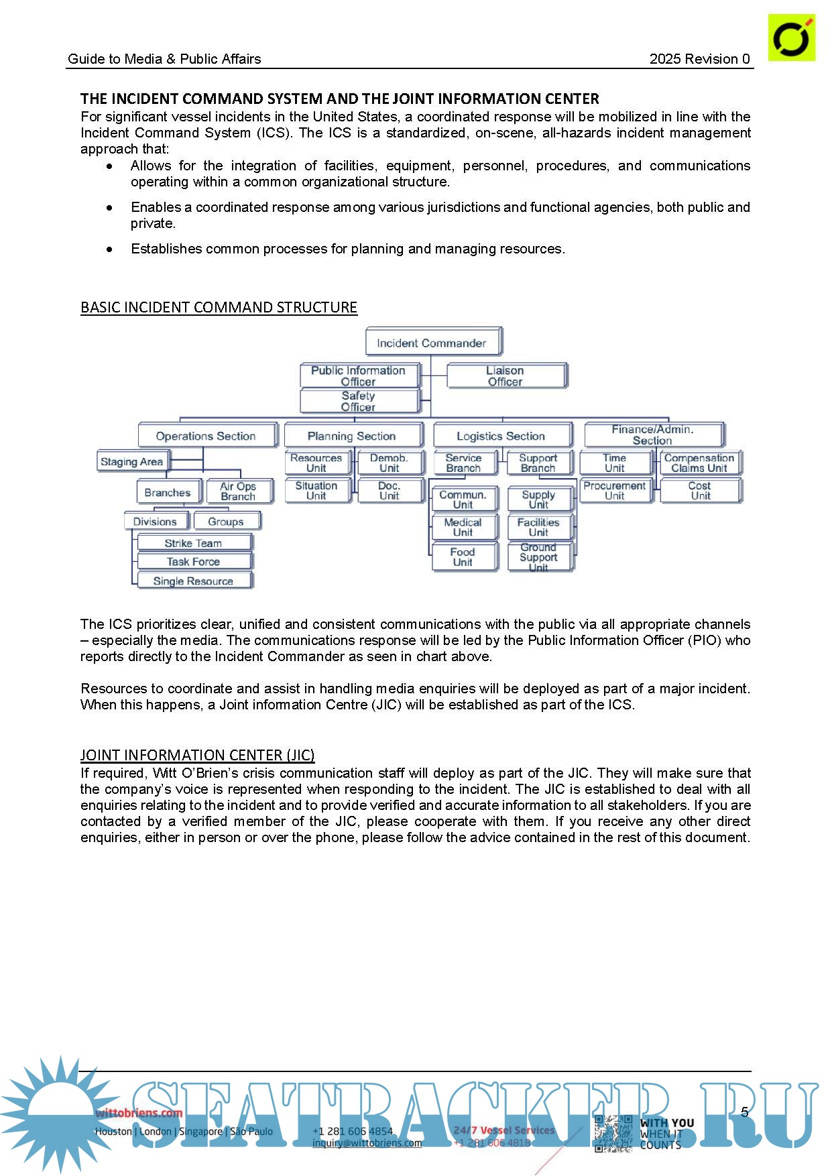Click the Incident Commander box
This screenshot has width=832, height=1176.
pos(432,342)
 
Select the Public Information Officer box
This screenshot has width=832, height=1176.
pos(359,375)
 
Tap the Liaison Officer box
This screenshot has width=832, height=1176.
pos(506,375)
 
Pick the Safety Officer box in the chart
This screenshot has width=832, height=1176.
pos(359,401)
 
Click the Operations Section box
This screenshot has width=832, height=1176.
pos(206,436)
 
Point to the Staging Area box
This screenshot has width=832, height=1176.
pos(132,461)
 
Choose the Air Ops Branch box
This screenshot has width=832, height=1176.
pos(238,491)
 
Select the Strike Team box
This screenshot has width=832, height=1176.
pos(194,543)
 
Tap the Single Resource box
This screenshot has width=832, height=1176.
pos(194,581)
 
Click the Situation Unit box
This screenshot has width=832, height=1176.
pos(316,490)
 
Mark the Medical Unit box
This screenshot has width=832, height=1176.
pos(463,527)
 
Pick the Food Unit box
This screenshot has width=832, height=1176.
pos(463,556)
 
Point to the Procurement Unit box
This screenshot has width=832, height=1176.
pos(615,490)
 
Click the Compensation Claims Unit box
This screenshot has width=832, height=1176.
pos(699,463)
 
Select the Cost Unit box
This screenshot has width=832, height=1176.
pos(699,490)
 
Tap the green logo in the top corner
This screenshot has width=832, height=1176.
pos(791,38)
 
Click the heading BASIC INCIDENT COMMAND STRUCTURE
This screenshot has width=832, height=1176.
pos(219,307)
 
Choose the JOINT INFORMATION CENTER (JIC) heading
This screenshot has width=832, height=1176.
pos(198,755)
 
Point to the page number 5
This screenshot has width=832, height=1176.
pos(744,1112)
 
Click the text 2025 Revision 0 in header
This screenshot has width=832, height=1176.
pos(699,59)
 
